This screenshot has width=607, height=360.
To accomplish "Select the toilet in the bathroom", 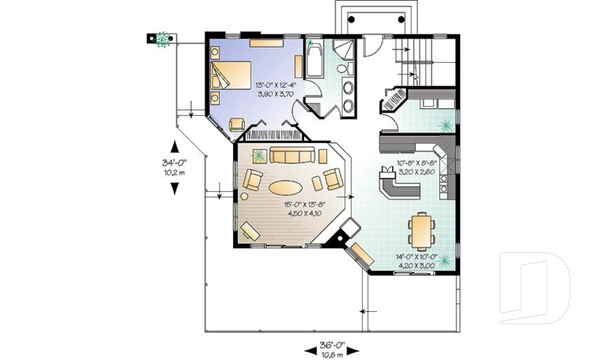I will [x=342, y=68].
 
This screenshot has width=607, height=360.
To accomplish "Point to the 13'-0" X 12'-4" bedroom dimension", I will [x=276, y=89].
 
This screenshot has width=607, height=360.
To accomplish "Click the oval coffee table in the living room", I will [x=286, y=187].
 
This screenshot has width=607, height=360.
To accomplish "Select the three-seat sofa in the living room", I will [x=293, y=155].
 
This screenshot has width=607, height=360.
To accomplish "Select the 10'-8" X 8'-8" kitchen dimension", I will [x=417, y=166].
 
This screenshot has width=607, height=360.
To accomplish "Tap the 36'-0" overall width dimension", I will [x=332, y=349].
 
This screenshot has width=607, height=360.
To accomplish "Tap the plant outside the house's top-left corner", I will [x=163, y=39].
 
